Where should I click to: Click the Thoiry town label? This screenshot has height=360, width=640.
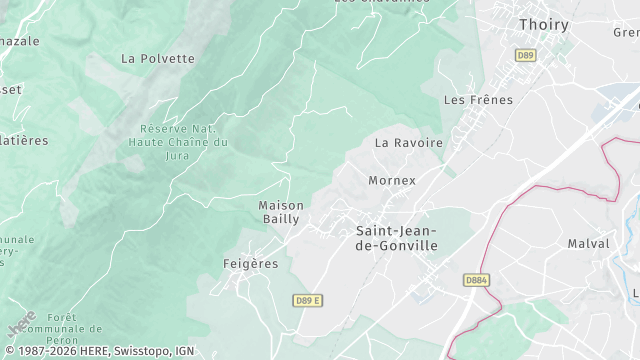click(545, 24)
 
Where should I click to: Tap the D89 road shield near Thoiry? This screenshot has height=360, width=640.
click(525, 56)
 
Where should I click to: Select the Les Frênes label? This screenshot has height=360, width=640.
click(478, 100)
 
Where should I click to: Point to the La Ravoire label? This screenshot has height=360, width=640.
click(408, 143)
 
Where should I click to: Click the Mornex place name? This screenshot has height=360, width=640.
click(391, 181)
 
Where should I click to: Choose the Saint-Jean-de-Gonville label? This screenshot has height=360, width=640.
click(397, 238)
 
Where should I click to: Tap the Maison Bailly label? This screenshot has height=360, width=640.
click(281, 212)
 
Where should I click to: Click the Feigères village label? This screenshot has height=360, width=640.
click(250, 264)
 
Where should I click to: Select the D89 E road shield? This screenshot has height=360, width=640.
click(308, 300)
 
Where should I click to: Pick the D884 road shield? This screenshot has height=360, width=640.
click(476, 280)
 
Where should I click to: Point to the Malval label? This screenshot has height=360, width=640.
click(588, 243)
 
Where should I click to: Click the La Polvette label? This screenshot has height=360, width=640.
click(158, 58)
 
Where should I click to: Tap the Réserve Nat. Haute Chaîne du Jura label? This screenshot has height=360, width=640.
click(178, 142)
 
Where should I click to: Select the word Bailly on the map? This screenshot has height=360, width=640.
click(281, 219)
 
